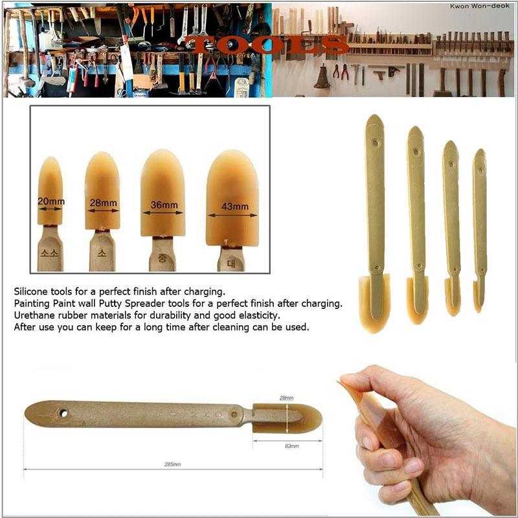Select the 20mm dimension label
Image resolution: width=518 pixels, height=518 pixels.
pyautogui.click(x=51, y=201)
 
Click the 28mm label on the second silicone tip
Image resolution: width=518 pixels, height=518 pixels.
pyautogui.click(x=103, y=203)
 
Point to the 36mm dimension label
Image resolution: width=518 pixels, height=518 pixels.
pyautogui.click(x=163, y=205)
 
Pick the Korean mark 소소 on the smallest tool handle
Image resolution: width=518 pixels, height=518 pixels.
pyautogui.click(x=50, y=254)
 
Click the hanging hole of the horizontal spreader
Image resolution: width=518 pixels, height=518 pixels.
pyautogui.click(x=63, y=412)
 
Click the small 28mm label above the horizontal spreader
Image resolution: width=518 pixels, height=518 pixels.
pyautogui.click(x=286, y=397)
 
